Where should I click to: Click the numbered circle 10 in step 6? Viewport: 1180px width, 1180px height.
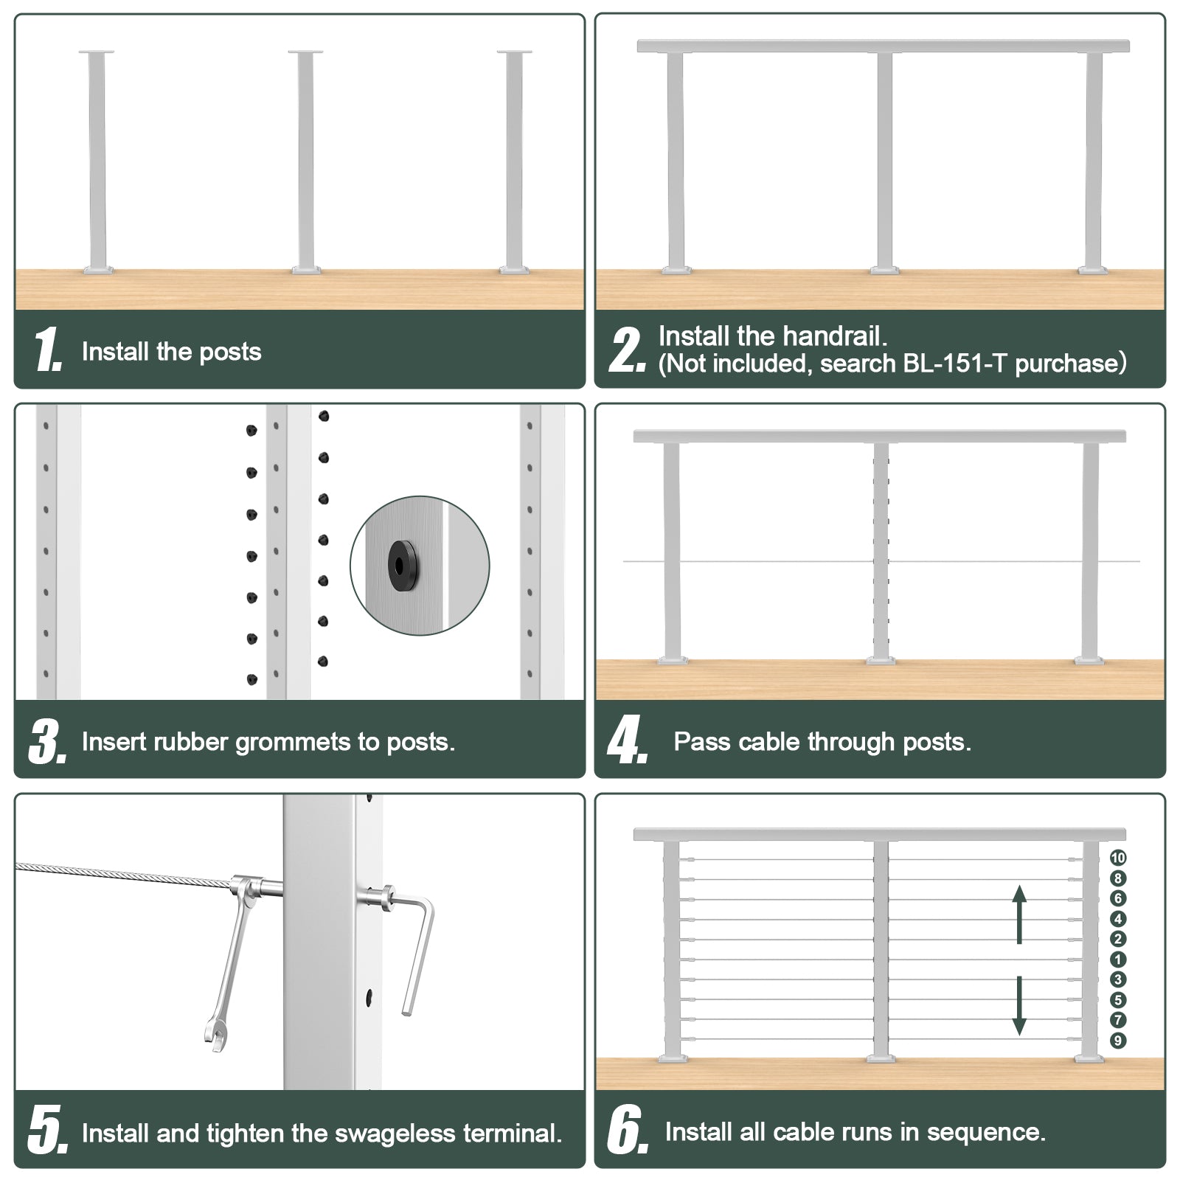(1118, 858)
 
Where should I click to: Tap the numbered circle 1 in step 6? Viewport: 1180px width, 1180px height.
(1118, 959)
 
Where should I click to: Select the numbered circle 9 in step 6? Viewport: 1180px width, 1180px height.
(1118, 1041)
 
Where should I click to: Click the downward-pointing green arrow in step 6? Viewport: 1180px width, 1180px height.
(1019, 1004)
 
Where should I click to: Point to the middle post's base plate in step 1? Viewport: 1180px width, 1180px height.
(306, 270)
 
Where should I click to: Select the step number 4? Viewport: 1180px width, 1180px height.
(627, 741)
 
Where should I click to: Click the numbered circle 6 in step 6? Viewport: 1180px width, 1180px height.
(1118, 898)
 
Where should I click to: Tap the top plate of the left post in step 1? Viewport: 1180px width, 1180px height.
(97, 52)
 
